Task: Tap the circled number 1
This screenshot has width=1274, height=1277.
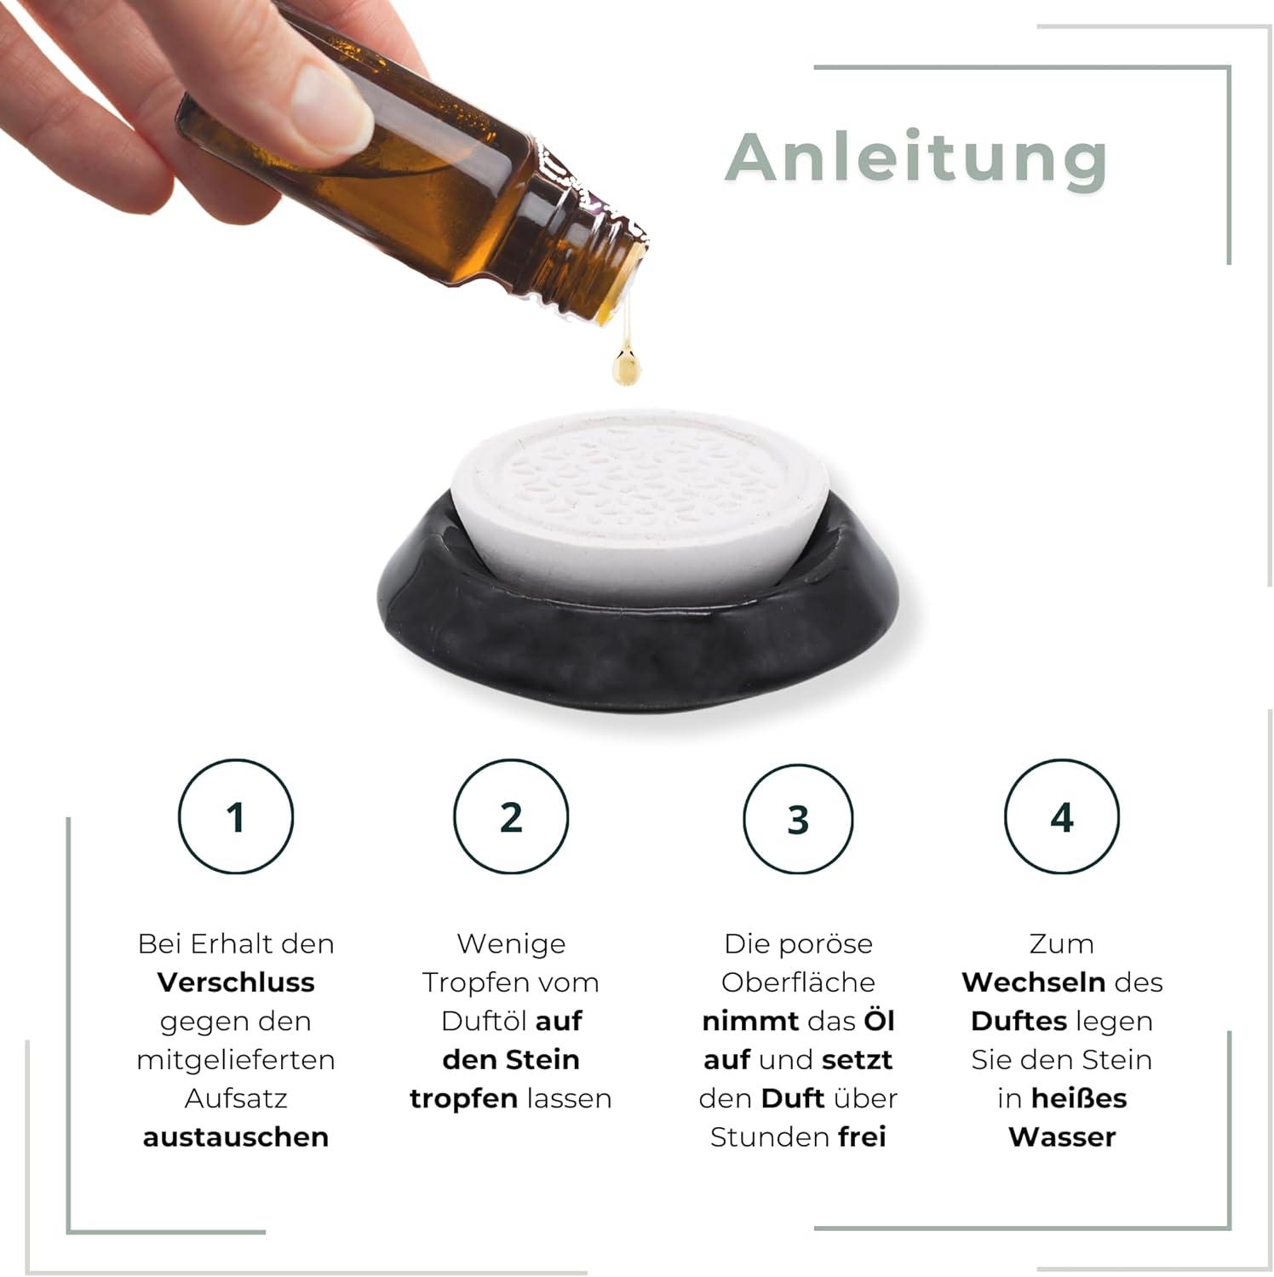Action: point(236,816)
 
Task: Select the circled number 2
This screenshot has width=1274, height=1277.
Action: point(511,816)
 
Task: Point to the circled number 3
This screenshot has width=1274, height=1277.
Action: point(798,818)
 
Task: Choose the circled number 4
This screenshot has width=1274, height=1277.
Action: point(1062,816)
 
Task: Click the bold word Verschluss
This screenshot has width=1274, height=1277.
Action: point(236,982)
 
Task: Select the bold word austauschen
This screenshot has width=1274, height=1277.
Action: point(236,1137)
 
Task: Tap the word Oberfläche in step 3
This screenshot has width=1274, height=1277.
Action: point(798,982)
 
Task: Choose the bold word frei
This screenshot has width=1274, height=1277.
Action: point(862,1137)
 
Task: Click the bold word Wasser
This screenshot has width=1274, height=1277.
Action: point(1062,1137)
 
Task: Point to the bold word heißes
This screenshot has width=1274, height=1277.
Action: point(1078,1099)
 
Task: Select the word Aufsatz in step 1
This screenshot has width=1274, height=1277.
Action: point(236,1099)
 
